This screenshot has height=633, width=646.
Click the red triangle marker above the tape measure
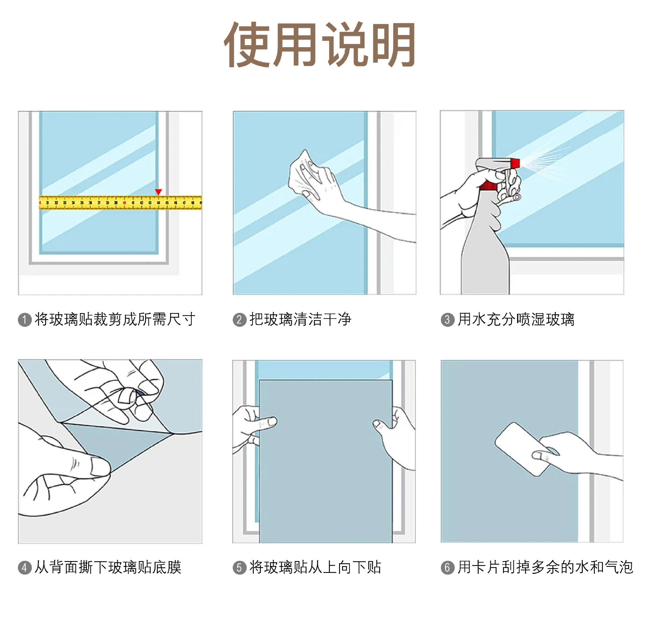(158, 192)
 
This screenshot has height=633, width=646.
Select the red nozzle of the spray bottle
(515, 163)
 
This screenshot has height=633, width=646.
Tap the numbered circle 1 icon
(25, 320)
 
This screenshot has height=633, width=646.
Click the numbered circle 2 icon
(239, 320)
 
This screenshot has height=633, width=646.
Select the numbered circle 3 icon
(447, 320)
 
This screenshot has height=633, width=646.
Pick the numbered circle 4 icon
(25, 568)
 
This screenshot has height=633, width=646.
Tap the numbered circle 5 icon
(239, 568)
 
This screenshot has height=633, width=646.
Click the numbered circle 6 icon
(447, 568)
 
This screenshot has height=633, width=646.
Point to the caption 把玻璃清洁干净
(300, 319)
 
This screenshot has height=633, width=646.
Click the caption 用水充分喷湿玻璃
(516, 319)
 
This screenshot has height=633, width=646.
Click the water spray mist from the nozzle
(542, 158)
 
